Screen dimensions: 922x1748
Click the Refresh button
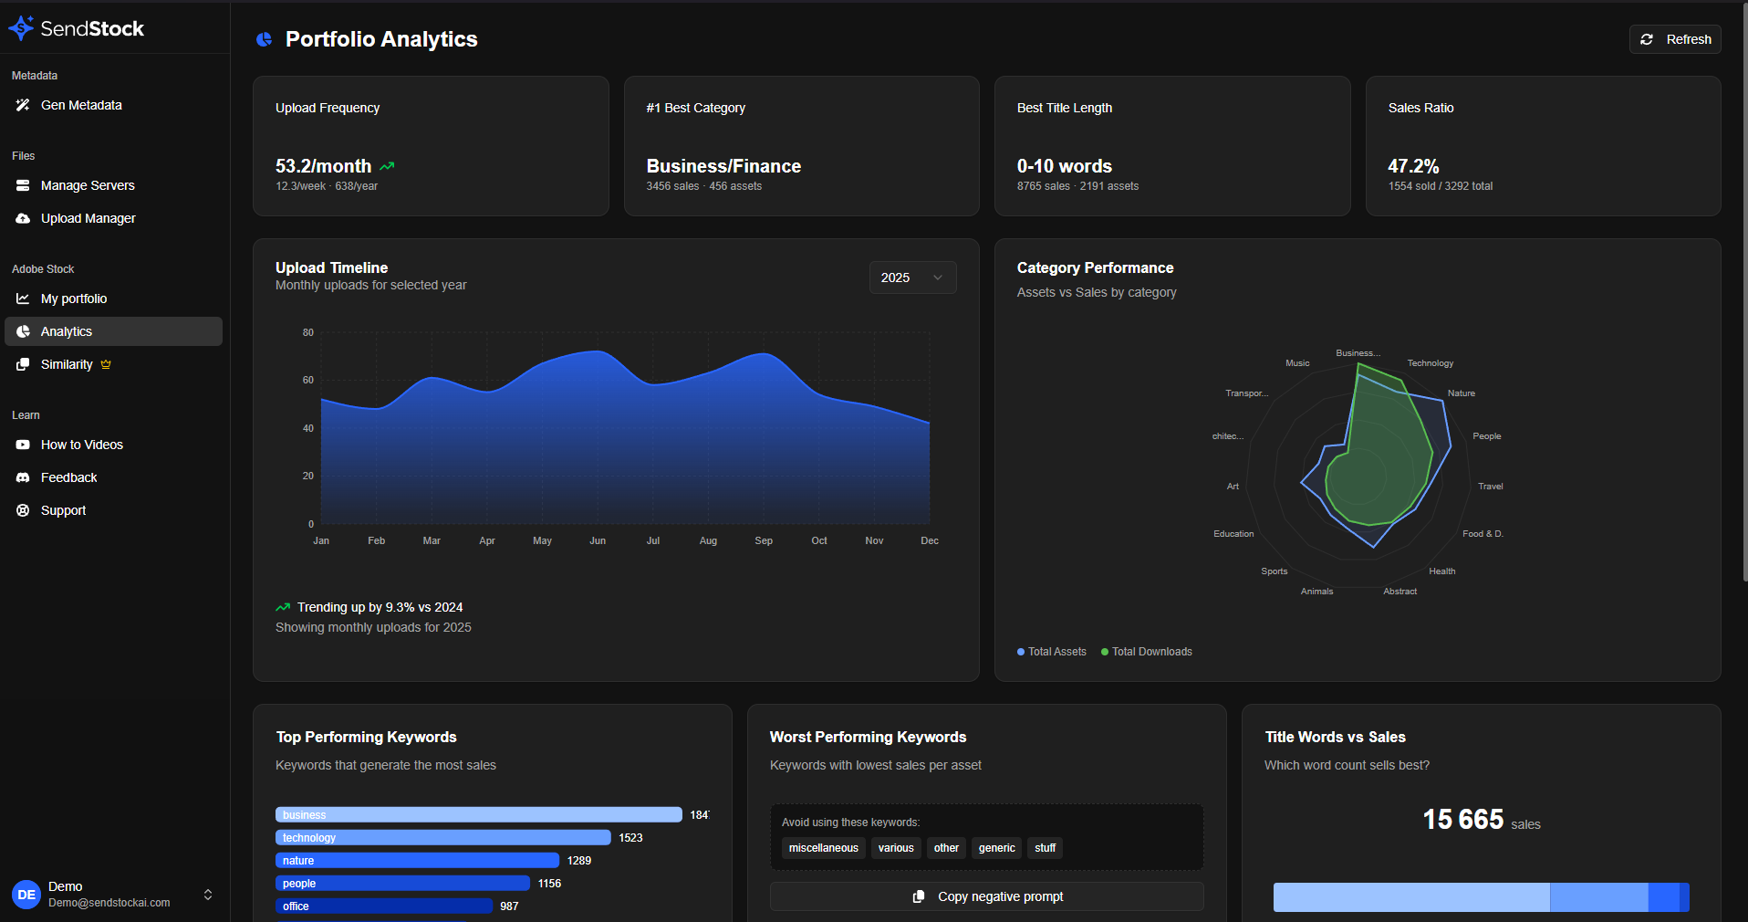1675,39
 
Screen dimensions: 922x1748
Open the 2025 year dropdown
912,278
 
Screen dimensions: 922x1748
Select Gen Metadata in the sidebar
81,105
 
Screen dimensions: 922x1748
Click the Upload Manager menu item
88,218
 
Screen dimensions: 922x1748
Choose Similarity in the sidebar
67,364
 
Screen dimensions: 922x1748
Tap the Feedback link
68,477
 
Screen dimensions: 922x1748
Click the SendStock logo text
91,28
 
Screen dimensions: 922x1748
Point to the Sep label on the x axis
764,540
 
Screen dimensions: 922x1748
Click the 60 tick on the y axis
308,380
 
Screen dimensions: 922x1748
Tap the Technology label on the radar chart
1430,363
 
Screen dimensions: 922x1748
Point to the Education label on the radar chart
1233,534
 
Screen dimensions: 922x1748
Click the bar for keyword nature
417,861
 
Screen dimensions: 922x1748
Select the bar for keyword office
383,906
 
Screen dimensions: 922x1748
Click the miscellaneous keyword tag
823,848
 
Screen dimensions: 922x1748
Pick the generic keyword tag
996,848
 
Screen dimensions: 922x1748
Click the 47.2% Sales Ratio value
1413,166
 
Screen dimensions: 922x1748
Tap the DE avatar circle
26,895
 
